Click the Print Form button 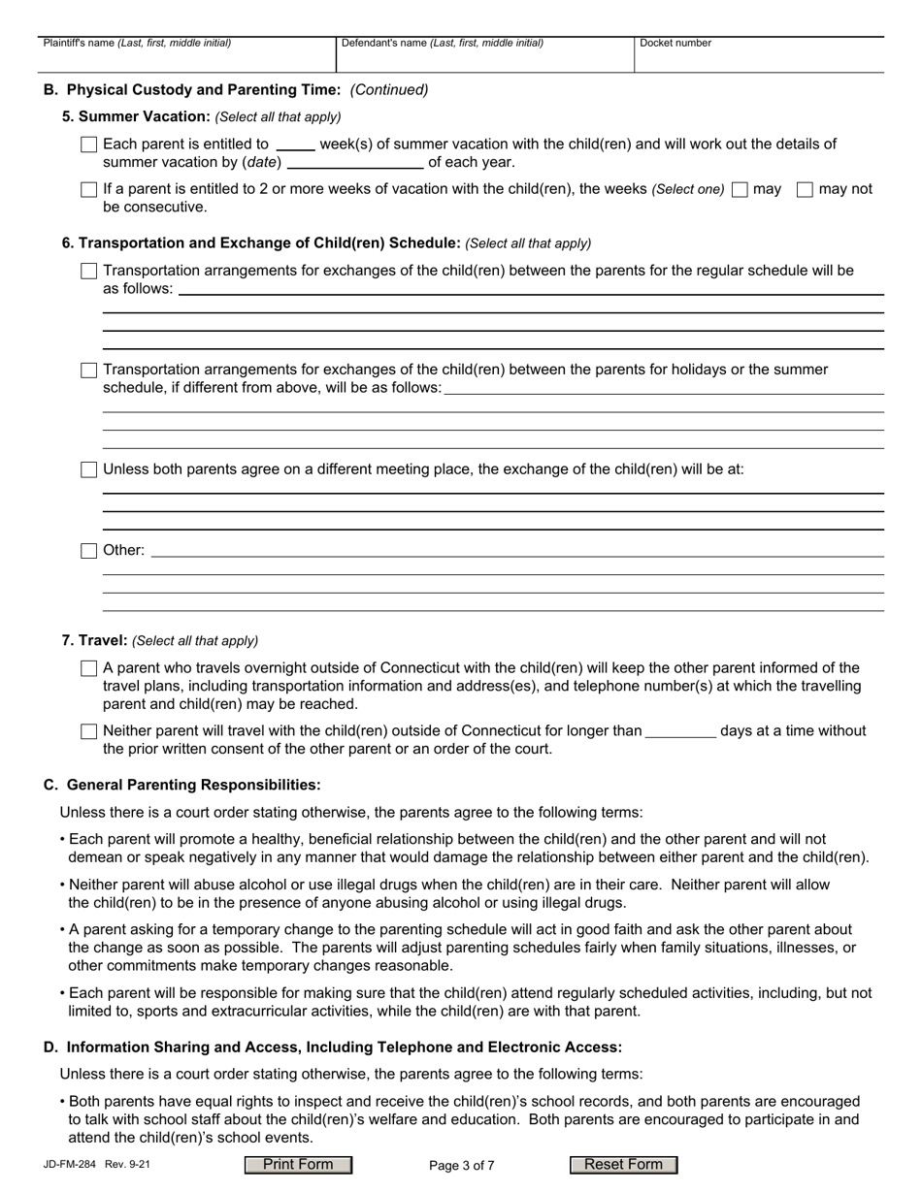point(298,1165)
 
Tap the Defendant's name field point(484,58)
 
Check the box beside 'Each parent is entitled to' point(89,145)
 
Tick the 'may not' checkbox point(805,190)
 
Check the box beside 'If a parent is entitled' point(89,190)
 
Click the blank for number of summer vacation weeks point(295,145)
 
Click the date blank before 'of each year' point(354,162)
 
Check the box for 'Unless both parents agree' point(89,469)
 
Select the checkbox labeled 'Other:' point(89,551)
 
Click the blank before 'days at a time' point(680,731)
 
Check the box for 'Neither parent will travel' point(89,731)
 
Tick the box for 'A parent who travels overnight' point(89,668)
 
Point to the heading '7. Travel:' point(94,640)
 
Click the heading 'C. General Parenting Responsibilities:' point(181,784)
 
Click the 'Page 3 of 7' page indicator point(461,1166)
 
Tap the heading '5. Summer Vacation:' point(136,116)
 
